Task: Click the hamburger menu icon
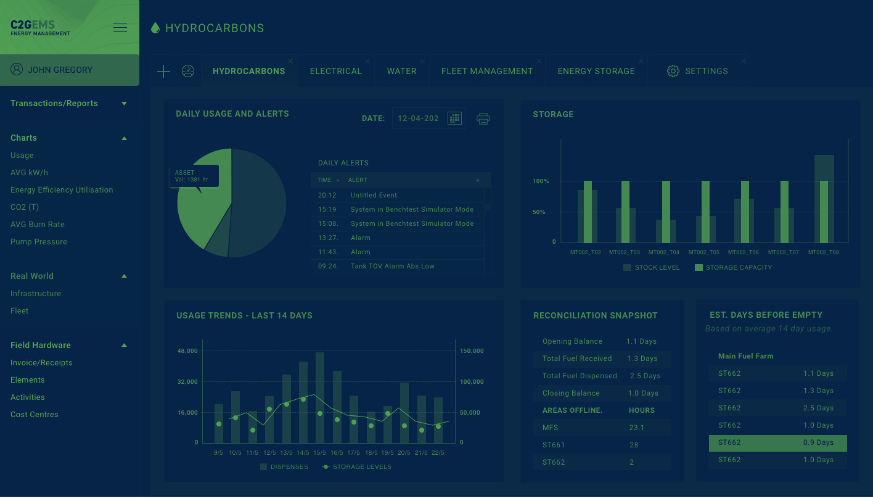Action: pyautogui.click(x=120, y=27)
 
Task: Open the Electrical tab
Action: pyautogui.click(x=335, y=72)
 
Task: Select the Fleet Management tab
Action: pyautogui.click(x=487, y=72)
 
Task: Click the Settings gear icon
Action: pyautogui.click(x=673, y=71)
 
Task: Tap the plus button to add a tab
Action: pyautogui.click(x=163, y=72)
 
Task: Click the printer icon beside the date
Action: pyautogui.click(x=483, y=118)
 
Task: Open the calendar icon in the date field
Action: pyautogui.click(x=454, y=118)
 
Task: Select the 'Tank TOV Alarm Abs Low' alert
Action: pyautogui.click(x=393, y=267)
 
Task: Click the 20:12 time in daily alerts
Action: pyautogui.click(x=327, y=196)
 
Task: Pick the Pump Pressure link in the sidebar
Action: pyautogui.click(x=39, y=242)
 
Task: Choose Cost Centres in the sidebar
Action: pyautogui.click(x=35, y=415)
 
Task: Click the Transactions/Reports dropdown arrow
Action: pyautogui.click(x=125, y=104)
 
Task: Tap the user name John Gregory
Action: pyautogui.click(x=60, y=70)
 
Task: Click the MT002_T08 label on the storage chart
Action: pyautogui.click(x=823, y=252)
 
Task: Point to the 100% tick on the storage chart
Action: pyautogui.click(x=541, y=181)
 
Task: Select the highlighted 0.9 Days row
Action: pyautogui.click(x=777, y=443)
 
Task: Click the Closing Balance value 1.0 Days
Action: pyautogui.click(x=643, y=393)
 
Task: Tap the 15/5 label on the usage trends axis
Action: pyautogui.click(x=319, y=453)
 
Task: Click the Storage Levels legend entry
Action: pyautogui.click(x=356, y=467)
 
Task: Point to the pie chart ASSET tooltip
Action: pyautogui.click(x=194, y=176)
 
